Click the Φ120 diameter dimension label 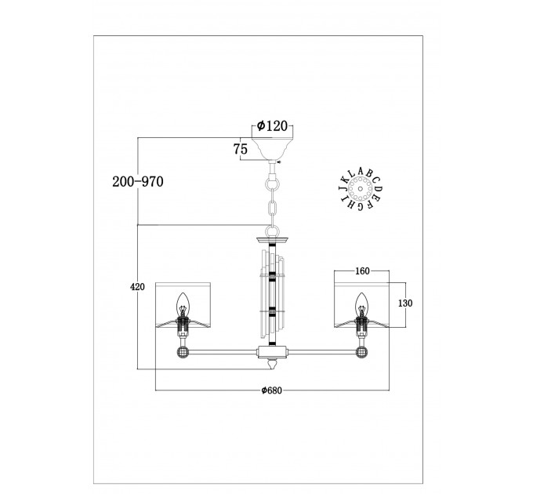[x=272, y=126]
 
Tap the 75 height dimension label [x=241, y=149]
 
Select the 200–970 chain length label [x=138, y=182]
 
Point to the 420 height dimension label [x=137, y=287]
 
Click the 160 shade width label [x=362, y=271]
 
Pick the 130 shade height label [x=405, y=303]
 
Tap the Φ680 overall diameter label [x=272, y=390]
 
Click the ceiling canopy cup [x=272, y=148]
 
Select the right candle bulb [x=361, y=304]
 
